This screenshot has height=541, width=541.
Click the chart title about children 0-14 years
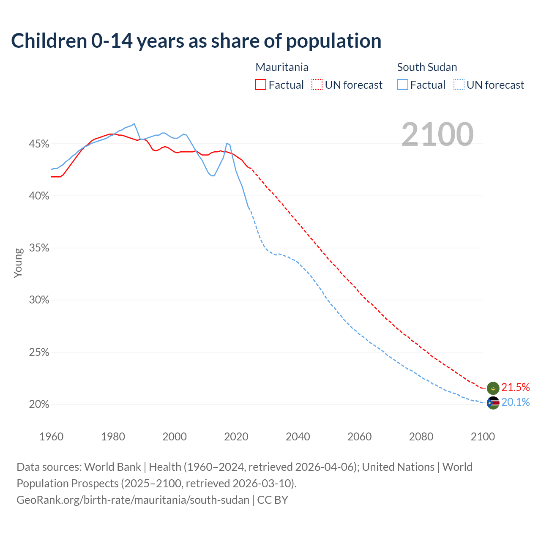(x=196, y=41)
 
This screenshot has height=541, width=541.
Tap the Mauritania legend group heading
(x=282, y=67)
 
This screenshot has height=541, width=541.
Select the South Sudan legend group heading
(x=427, y=67)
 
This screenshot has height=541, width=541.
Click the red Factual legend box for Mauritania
(x=261, y=85)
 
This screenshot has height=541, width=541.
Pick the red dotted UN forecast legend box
(x=317, y=85)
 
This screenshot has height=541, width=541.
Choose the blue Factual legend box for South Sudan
(x=403, y=85)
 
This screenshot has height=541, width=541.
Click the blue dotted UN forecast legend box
(x=459, y=85)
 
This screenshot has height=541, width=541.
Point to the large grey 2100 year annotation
(x=437, y=134)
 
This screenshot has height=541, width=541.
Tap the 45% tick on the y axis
(x=39, y=144)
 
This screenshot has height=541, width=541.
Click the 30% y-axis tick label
(x=39, y=300)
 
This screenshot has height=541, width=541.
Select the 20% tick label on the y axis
(x=39, y=404)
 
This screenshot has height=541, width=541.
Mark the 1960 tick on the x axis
(x=51, y=437)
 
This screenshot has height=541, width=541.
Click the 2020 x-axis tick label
(x=236, y=437)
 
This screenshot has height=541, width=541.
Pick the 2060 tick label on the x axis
(x=359, y=437)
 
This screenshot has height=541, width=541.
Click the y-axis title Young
(x=18, y=263)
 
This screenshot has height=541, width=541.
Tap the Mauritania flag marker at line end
(x=493, y=388)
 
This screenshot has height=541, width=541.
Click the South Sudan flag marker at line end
(x=493, y=403)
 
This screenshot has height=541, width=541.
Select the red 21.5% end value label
(x=515, y=387)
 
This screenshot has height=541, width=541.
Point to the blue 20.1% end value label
(x=515, y=402)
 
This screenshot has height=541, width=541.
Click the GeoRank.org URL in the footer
(x=133, y=500)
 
